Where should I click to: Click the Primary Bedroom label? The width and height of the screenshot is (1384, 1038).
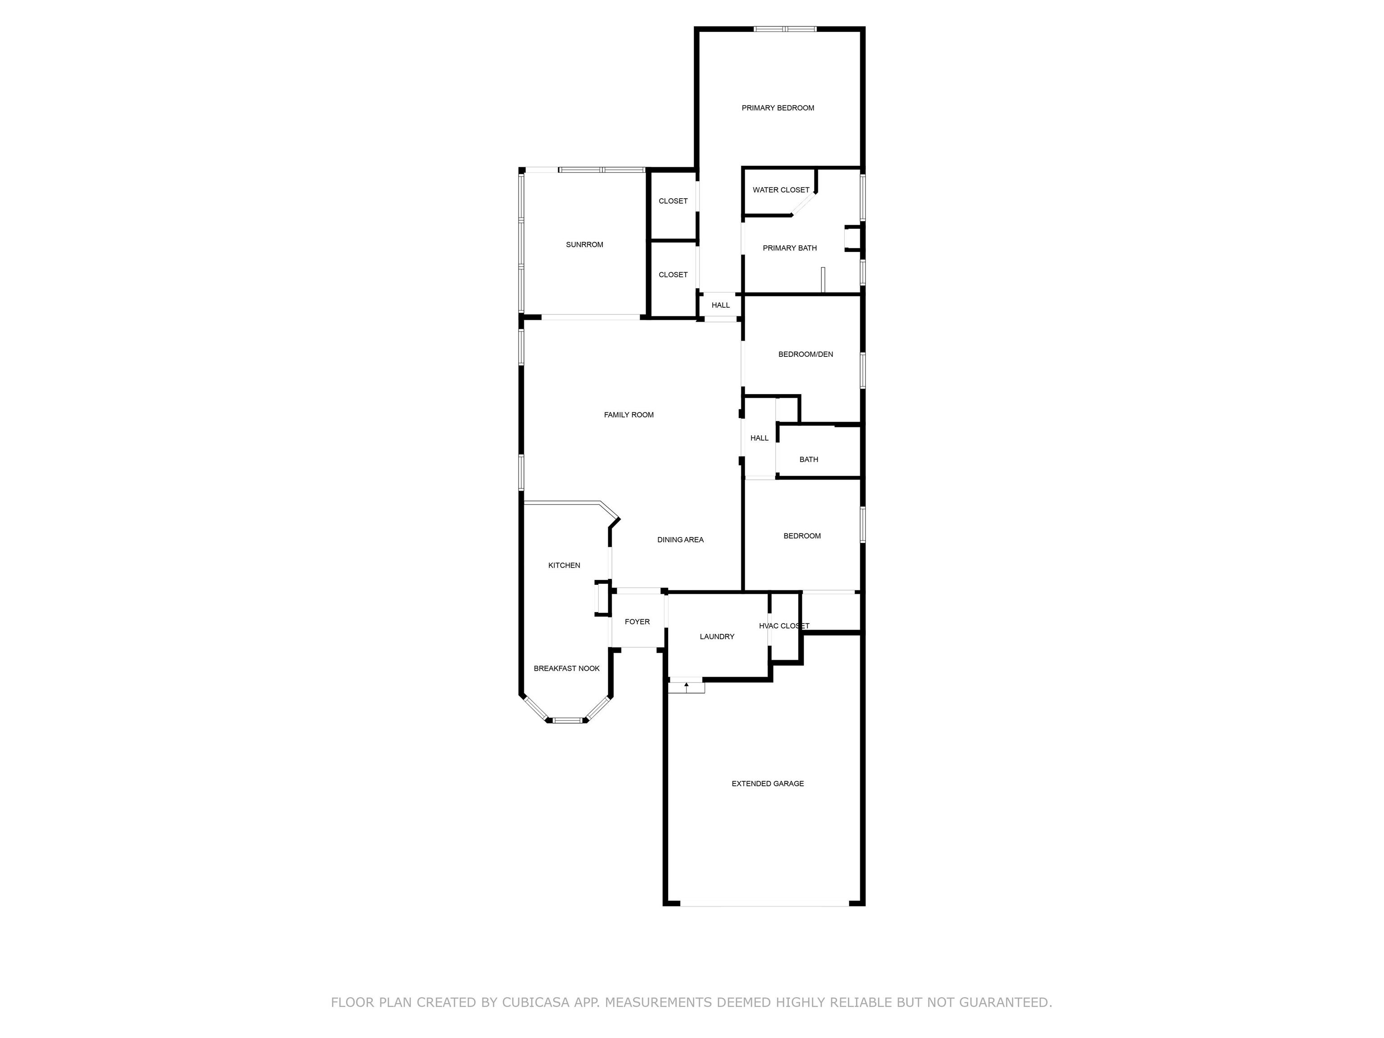(778, 108)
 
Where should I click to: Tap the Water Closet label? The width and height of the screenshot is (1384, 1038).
(781, 190)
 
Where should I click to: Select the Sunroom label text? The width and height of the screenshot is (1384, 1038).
(584, 245)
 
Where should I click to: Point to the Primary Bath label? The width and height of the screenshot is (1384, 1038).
(790, 248)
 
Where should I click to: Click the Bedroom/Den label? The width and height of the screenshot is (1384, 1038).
(805, 355)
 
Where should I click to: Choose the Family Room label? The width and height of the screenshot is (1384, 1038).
(629, 415)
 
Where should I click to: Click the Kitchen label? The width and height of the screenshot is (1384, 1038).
(564, 565)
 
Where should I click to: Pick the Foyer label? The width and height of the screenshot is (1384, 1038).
(637, 622)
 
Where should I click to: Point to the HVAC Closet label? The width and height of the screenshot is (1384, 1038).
(784, 626)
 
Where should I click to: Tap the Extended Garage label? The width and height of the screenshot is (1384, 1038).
(768, 784)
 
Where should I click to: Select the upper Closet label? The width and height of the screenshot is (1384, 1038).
(673, 201)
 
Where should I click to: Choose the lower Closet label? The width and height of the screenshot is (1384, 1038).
(673, 275)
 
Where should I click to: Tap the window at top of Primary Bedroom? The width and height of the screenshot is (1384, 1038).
(785, 29)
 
